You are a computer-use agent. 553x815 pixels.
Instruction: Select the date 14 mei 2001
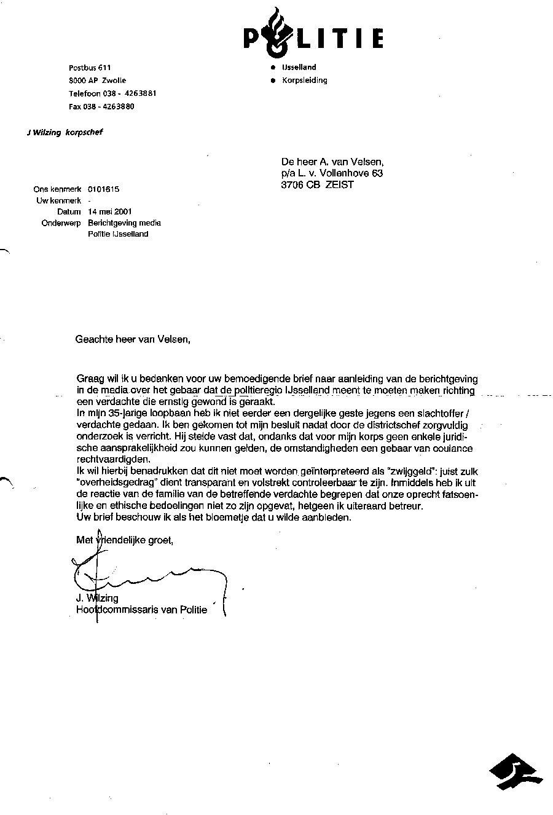click(x=110, y=211)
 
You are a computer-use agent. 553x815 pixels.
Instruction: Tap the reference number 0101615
click(x=104, y=189)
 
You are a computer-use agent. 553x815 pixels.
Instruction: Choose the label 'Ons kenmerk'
click(x=58, y=189)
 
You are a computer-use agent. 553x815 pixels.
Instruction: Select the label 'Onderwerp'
click(x=61, y=223)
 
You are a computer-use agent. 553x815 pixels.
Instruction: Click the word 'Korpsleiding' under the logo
click(x=304, y=81)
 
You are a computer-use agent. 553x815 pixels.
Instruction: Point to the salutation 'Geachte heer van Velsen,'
click(x=133, y=339)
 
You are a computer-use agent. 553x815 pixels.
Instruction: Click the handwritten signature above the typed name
click(x=147, y=575)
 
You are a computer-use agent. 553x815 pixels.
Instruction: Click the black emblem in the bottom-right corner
click(x=516, y=772)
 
